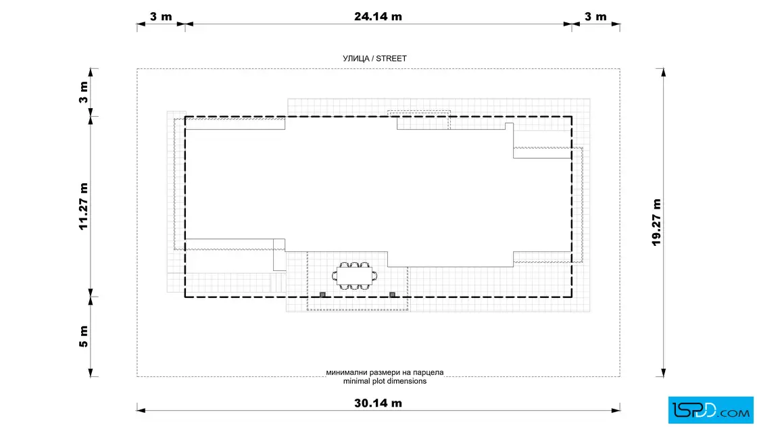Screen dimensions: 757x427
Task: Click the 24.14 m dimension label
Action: pyautogui.click(x=378, y=16)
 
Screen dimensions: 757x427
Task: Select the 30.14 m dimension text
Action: pyautogui.click(x=378, y=403)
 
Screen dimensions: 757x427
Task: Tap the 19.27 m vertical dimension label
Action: pyautogui.click(x=656, y=222)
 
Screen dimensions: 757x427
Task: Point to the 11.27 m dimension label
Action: pyautogui.click(x=84, y=207)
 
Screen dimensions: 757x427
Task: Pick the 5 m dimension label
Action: pyautogui.click(x=84, y=336)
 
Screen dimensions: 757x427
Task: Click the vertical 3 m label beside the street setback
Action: pyautogui.click(x=84, y=92)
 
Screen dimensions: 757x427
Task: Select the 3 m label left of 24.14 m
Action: pyautogui.click(x=161, y=16)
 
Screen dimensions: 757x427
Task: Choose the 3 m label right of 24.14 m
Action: pyautogui.click(x=595, y=16)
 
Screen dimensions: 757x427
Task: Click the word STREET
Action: pyautogui.click(x=391, y=58)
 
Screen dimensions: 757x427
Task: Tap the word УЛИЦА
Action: pyautogui.click(x=356, y=58)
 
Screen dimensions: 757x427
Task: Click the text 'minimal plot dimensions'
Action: pyautogui.click(x=385, y=381)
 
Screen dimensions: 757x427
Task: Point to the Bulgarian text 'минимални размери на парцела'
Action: pyautogui.click(x=385, y=372)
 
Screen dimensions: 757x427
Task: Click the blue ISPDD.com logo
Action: pyautogui.click(x=710, y=410)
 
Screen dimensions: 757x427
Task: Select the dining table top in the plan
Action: pyautogui.click(x=355, y=276)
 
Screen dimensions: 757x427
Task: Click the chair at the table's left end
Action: pyautogui.click(x=335, y=276)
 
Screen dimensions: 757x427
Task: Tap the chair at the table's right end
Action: pyautogui.click(x=375, y=276)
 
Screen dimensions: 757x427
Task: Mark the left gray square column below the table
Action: pyautogui.click(x=322, y=295)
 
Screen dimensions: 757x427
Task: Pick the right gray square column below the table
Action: pyautogui.click(x=393, y=295)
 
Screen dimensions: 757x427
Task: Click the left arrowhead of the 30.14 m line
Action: pyautogui.click(x=141, y=411)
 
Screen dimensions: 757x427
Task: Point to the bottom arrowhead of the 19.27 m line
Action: pyautogui.click(x=663, y=372)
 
